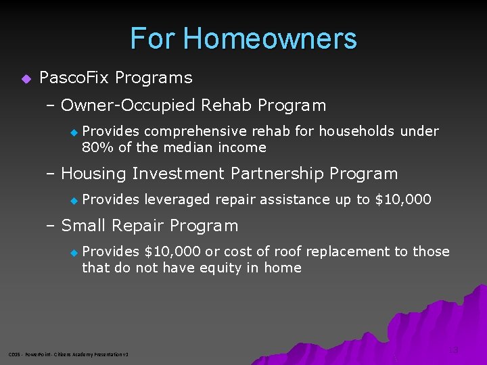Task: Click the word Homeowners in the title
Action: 270,39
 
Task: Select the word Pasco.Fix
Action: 74,78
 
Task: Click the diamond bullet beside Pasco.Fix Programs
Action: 26,78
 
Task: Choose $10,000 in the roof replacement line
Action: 172,251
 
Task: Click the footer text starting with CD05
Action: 68,354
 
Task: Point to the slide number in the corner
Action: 453,350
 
